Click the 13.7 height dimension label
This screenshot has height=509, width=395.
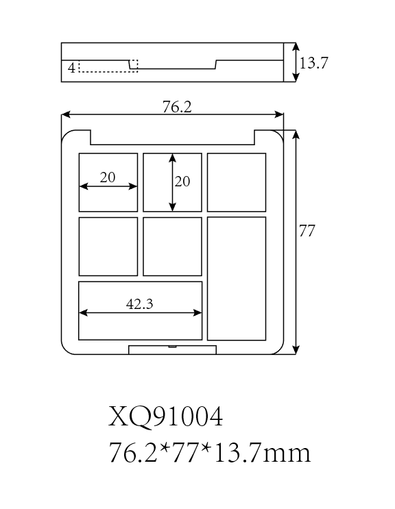click(313, 62)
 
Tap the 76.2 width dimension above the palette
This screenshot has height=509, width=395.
click(177, 107)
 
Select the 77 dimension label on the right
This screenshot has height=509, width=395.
click(307, 231)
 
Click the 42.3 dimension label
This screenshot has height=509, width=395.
click(139, 304)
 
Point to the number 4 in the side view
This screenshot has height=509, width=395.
click(71, 68)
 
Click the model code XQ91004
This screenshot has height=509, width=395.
click(166, 417)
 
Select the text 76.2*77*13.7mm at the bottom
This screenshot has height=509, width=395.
click(210, 453)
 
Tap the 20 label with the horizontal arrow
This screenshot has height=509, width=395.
click(108, 177)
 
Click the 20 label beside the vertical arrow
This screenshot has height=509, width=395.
click(182, 182)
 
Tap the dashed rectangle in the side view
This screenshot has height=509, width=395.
click(108, 71)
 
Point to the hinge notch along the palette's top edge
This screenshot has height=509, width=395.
click(172, 144)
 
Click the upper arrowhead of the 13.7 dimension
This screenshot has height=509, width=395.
click(296, 47)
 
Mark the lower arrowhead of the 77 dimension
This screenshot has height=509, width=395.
click(296, 350)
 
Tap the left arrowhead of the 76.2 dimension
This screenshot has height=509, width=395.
click(66, 114)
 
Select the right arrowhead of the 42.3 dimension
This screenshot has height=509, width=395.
click(197, 312)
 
